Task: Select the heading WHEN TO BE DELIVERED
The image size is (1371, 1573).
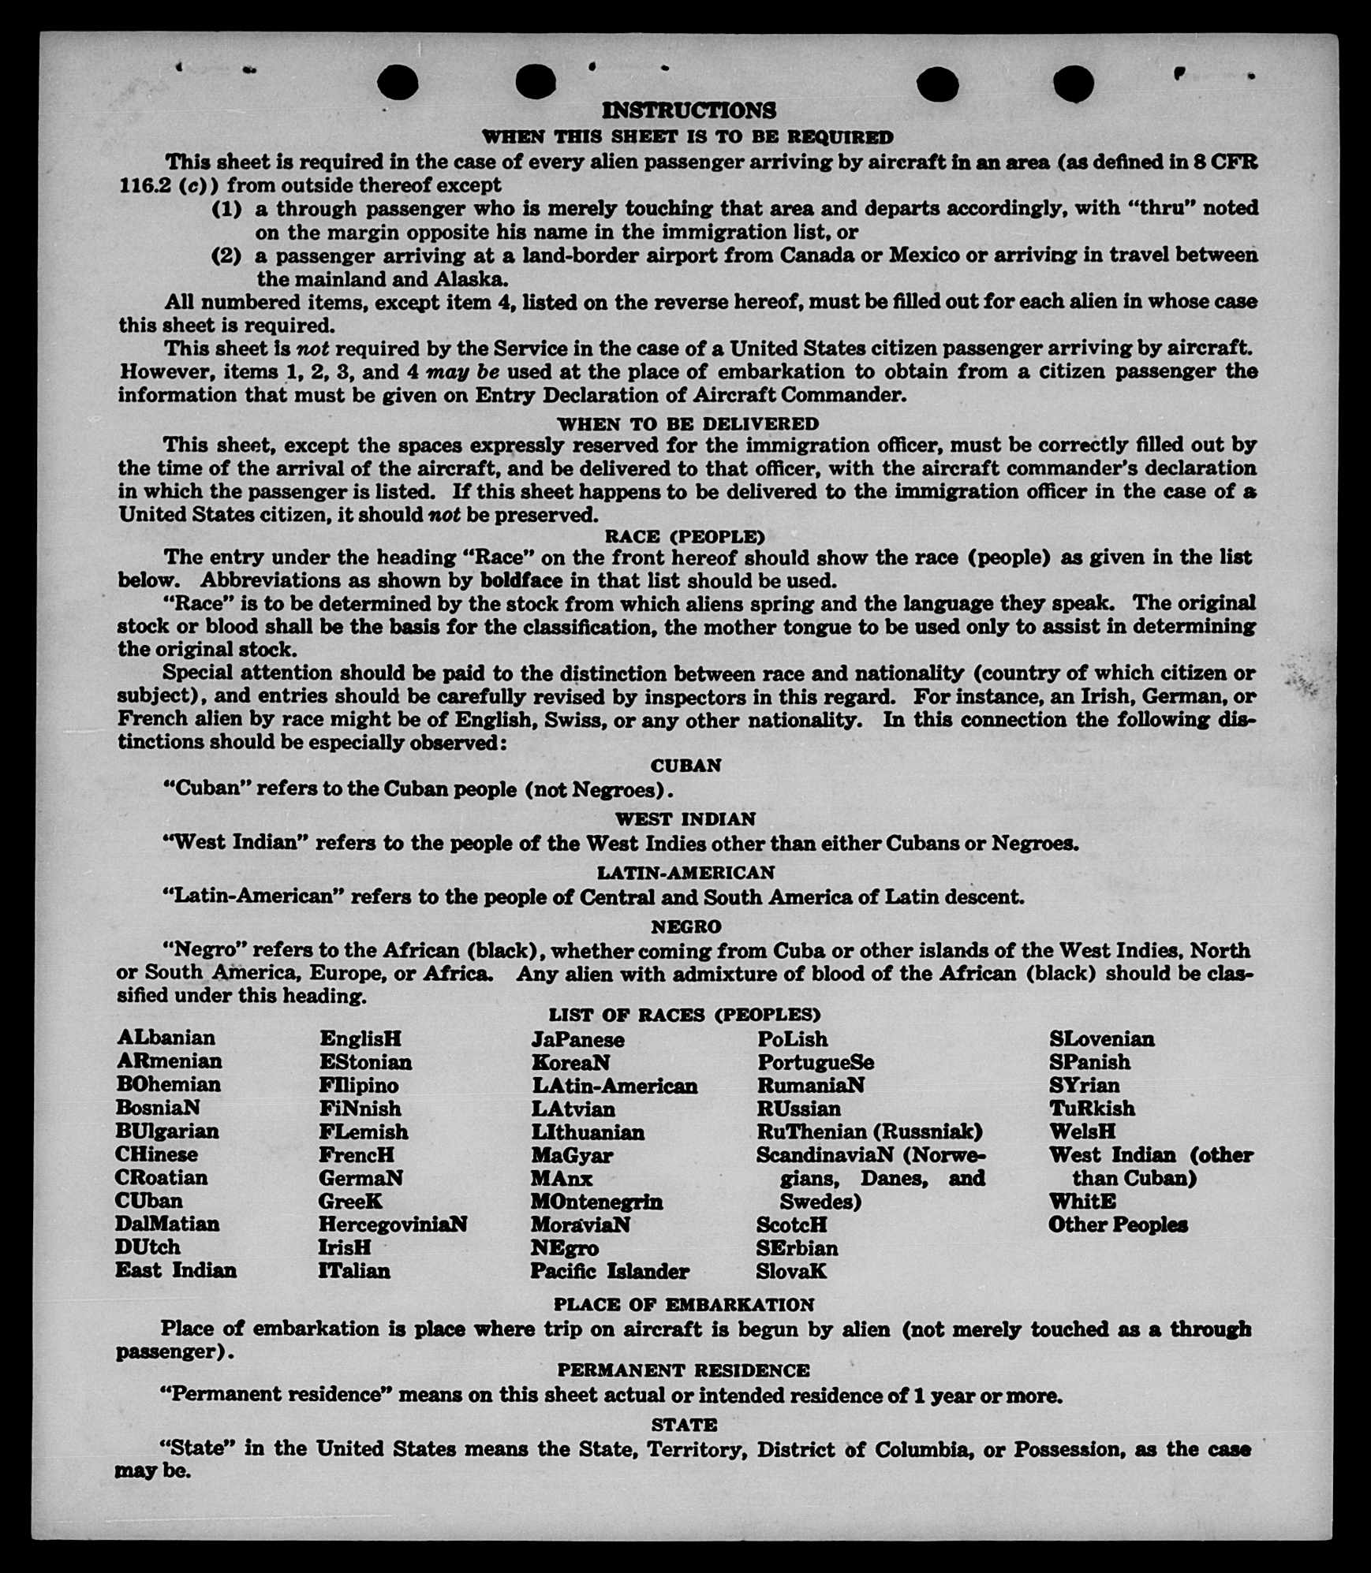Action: (687, 424)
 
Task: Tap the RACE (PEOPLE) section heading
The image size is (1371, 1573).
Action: (685, 537)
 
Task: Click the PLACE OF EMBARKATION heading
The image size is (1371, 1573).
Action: (683, 1305)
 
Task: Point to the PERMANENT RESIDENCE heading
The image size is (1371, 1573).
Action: (683, 1370)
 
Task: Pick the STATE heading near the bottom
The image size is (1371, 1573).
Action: (684, 1425)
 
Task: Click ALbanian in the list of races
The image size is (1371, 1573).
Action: (166, 1038)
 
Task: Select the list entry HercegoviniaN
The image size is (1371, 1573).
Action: (393, 1224)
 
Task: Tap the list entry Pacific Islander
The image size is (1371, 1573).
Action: (609, 1271)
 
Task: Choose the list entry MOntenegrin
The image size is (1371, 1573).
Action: (596, 1202)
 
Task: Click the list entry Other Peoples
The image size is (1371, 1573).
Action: (1118, 1224)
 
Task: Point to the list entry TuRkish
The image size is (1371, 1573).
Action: (1092, 1109)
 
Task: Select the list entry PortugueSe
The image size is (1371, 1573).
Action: (816, 1062)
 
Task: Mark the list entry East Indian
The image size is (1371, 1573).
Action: (176, 1270)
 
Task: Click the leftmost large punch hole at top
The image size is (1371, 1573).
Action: (398, 82)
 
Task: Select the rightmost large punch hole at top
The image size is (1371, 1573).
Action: (1073, 83)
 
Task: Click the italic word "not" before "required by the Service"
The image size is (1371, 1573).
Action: (312, 349)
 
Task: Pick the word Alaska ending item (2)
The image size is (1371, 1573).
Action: (471, 279)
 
